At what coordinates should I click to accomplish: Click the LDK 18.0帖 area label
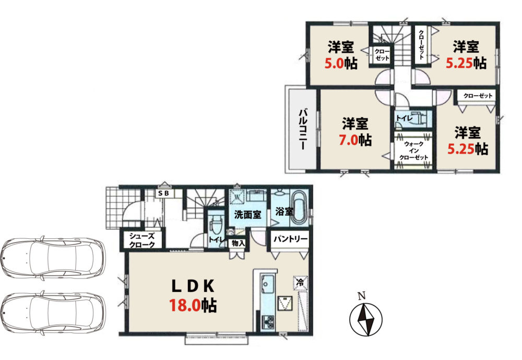click(x=193, y=296)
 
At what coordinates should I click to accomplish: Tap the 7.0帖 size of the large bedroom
click(x=355, y=140)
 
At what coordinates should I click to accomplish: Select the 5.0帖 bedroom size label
click(x=341, y=63)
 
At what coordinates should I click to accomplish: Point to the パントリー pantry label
click(x=290, y=239)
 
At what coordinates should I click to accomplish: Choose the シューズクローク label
click(x=142, y=240)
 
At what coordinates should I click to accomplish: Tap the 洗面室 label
click(x=247, y=215)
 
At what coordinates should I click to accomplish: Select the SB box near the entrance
click(x=163, y=193)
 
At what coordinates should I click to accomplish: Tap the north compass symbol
click(x=366, y=319)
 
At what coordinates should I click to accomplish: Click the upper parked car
click(x=53, y=257)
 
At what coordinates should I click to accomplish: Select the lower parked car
click(x=53, y=313)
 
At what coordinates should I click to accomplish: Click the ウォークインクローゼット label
click(x=413, y=150)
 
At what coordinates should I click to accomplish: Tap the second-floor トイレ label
click(x=404, y=118)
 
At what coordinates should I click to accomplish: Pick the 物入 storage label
click(x=239, y=243)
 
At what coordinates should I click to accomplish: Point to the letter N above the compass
click(x=362, y=296)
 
